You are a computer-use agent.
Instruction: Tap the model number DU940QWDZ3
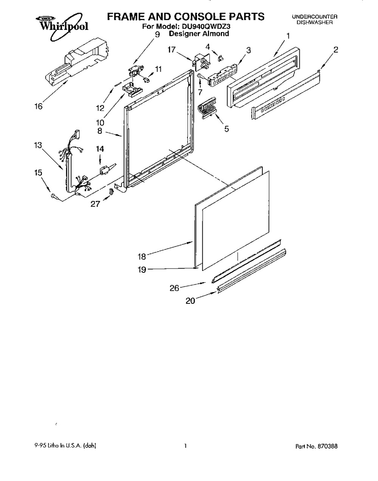[203, 26]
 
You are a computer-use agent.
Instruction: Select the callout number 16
[39, 107]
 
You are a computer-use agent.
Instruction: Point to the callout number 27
[95, 204]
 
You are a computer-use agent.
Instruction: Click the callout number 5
[226, 129]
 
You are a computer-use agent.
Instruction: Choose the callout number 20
[191, 301]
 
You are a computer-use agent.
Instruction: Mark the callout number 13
[38, 145]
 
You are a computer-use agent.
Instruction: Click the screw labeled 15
[54, 196]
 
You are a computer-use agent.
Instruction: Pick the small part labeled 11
[146, 79]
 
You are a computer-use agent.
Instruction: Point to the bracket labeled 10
[132, 89]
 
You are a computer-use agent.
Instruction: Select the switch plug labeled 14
[105, 170]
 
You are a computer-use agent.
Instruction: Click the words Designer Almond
[199, 33]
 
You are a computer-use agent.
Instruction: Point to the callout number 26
[174, 288]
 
